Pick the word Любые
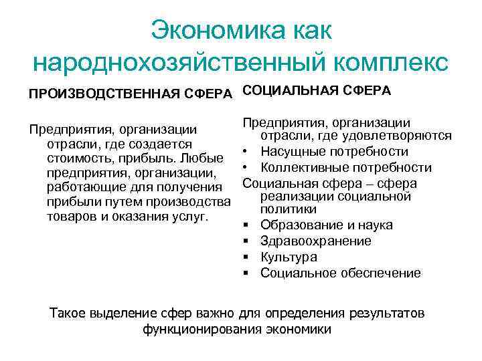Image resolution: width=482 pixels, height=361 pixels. [202, 158]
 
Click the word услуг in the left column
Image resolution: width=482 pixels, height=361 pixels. [194, 217]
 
